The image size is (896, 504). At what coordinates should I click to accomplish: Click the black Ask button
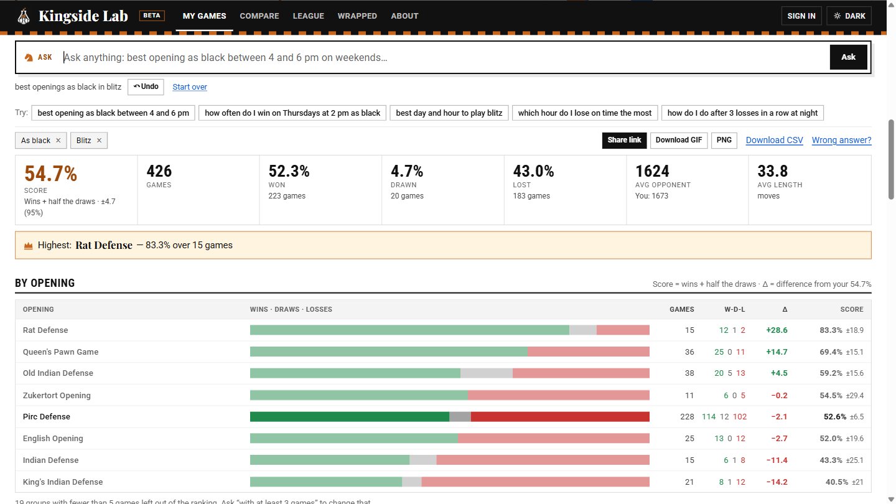848,57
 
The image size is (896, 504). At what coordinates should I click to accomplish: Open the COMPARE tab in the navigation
259,16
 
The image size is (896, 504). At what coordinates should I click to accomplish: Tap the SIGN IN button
801,16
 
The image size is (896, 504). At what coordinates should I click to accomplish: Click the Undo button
146,87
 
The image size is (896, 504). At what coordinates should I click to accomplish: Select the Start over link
190,87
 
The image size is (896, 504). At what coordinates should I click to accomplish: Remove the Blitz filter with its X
99,141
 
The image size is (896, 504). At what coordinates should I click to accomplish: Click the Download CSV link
774,140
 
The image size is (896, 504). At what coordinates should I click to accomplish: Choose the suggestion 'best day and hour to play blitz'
449,113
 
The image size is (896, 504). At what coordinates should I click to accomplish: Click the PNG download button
724,141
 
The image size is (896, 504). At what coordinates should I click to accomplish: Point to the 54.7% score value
50,174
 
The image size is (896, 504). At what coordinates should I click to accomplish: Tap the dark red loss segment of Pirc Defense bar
560,417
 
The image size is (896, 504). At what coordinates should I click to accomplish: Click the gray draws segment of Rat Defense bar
583,330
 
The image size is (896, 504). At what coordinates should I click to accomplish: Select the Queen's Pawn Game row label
60,352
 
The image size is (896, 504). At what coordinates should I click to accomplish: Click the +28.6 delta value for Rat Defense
777,330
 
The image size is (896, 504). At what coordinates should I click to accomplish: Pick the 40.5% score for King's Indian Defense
837,482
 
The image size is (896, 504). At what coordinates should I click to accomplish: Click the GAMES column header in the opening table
681,309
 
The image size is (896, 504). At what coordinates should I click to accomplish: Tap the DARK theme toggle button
849,16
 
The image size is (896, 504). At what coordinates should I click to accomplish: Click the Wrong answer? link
841,140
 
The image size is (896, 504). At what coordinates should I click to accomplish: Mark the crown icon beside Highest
28,246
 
